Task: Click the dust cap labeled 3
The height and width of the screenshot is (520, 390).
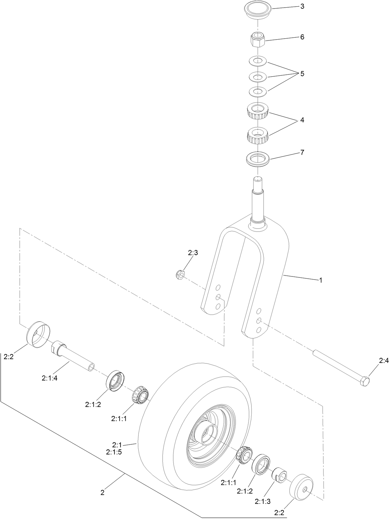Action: pyautogui.click(x=257, y=11)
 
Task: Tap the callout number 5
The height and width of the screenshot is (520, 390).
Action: pyautogui.click(x=302, y=74)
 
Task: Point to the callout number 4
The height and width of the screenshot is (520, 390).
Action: pyautogui.click(x=302, y=120)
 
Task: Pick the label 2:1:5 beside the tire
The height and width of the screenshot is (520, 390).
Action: pyautogui.click(x=114, y=452)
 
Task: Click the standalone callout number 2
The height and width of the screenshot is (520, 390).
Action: pyautogui.click(x=102, y=492)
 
